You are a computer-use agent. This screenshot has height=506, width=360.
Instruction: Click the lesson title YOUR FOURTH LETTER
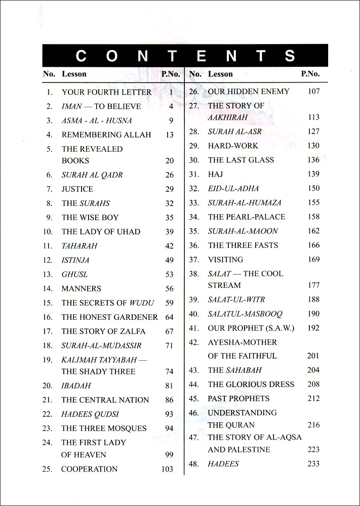106,92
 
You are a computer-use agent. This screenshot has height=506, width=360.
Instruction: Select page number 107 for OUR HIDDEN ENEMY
313,92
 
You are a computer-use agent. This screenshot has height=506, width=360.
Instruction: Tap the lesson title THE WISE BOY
90,218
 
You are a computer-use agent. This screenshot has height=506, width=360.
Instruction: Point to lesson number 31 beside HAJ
193,174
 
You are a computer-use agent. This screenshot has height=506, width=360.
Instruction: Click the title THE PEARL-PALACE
247,217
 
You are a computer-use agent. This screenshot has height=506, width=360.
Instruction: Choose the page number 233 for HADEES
313,464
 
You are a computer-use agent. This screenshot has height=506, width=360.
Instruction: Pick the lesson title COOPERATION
89,469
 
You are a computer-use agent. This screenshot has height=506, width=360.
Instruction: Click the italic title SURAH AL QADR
92,175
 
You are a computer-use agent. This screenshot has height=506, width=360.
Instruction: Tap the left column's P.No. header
170,74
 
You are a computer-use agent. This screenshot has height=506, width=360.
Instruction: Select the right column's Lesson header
220,74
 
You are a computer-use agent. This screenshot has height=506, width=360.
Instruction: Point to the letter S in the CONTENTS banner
290,56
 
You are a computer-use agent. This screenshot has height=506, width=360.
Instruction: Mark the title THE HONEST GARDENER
110,317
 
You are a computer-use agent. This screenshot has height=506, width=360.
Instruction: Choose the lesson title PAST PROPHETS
238,399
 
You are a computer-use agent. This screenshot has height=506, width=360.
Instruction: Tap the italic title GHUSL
74,274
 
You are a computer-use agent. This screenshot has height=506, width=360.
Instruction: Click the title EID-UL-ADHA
233,189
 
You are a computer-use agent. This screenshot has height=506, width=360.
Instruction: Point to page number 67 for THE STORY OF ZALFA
169,332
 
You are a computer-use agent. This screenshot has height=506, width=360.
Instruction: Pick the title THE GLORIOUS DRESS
251,385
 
